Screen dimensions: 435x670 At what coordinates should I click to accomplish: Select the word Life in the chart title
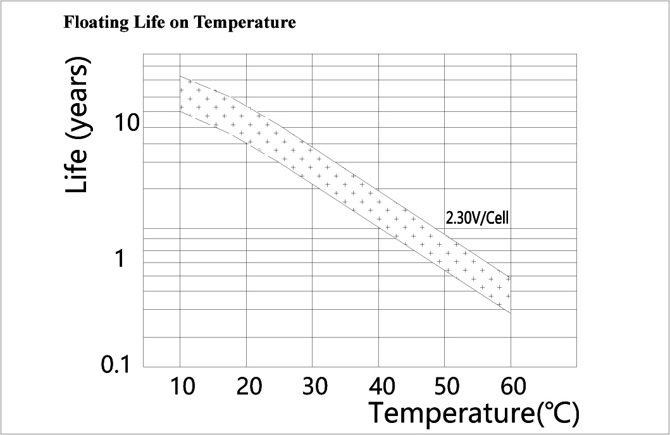[147, 23]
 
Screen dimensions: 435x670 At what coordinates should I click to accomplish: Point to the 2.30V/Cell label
[478, 219]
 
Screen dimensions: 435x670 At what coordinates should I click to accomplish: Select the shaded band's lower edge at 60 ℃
[511, 312]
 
